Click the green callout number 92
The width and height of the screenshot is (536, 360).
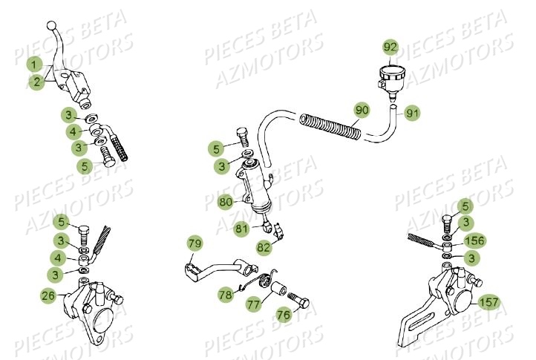(390, 48)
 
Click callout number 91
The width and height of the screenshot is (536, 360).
(413, 114)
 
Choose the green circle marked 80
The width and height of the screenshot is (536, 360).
(225, 201)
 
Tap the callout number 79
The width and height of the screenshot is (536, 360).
(195, 243)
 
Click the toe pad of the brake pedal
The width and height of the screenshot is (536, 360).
(190, 264)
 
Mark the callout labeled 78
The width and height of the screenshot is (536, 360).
(225, 295)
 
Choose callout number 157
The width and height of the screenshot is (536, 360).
(489, 302)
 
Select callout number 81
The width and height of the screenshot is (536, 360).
(241, 229)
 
